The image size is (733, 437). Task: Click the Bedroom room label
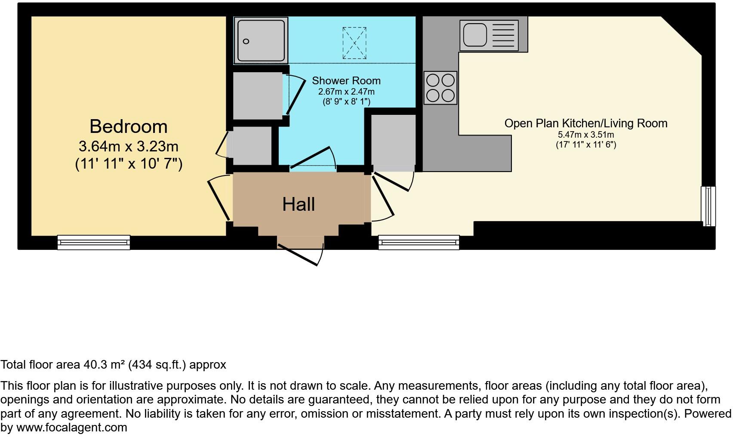point(128,126)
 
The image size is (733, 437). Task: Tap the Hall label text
point(299,204)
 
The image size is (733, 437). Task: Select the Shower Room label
point(346,80)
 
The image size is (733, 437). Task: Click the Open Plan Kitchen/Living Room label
point(585,123)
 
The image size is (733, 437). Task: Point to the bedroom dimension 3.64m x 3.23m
point(128,146)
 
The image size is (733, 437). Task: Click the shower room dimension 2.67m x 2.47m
point(346,92)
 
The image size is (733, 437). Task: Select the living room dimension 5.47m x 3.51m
point(585,135)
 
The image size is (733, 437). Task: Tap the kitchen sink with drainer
point(489,35)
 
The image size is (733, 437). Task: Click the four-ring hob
point(440,88)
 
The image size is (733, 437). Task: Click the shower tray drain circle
point(246,41)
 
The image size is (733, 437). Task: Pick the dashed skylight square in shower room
point(354,43)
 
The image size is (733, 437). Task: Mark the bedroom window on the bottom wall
point(94,242)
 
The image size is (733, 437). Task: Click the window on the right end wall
point(708,206)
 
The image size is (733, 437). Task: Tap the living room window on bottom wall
point(419,242)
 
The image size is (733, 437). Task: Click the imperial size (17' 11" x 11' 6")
point(585,145)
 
